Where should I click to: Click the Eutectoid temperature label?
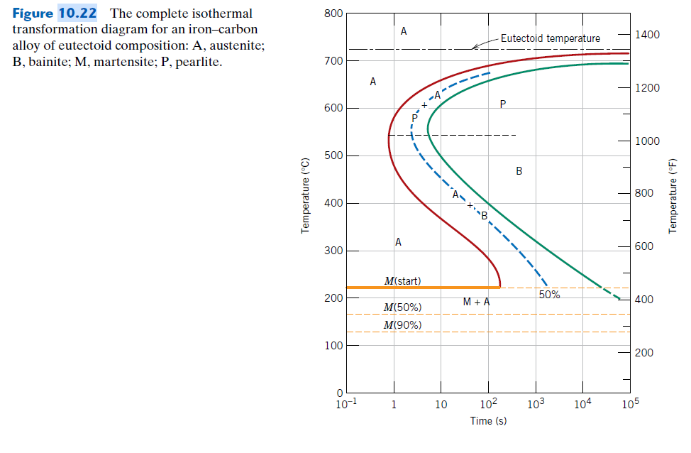(550, 38)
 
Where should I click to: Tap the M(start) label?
(402, 280)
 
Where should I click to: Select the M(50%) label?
(402, 307)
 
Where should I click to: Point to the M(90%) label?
(402, 324)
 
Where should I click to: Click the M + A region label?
(476, 302)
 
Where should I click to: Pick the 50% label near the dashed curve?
(549, 295)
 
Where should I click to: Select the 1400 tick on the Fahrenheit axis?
(646, 35)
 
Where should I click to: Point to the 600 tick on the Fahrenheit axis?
(643, 246)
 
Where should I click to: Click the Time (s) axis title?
(488, 421)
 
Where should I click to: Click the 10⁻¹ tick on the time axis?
(345, 405)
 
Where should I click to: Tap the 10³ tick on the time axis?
(536, 404)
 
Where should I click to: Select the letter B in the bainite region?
(519, 171)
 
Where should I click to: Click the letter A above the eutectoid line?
(403, 31)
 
